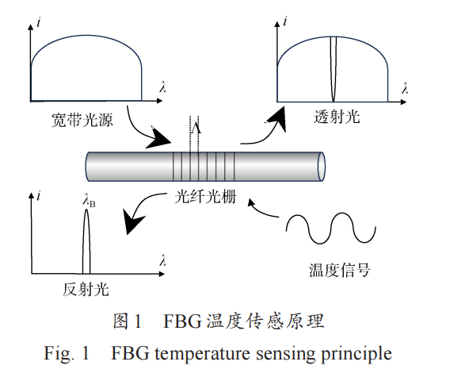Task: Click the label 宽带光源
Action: [82, 121]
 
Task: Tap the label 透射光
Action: [337, 116]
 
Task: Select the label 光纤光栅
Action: [205, 197]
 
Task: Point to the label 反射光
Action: [86, 289]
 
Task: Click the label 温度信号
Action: [340, 270]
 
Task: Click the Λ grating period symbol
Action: [196, 128]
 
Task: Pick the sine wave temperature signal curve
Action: [330, 228]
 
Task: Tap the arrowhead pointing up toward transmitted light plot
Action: [277, 119]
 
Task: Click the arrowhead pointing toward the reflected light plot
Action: [132, 221]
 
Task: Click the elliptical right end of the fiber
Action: [322, 167]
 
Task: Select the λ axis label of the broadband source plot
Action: [163, 87]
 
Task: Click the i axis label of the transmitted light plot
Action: [285, 21]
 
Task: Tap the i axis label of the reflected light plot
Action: [39, 196]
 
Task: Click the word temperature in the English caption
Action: [203, 354]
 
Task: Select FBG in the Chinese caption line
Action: [182, 321]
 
